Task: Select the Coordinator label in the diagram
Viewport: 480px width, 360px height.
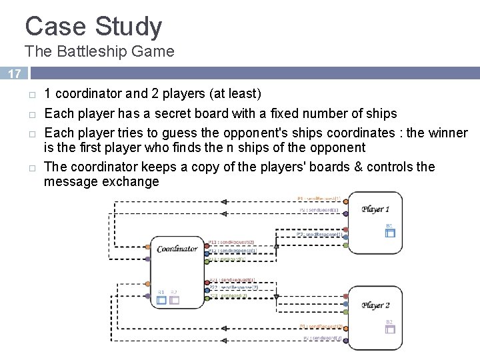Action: coord(177,249)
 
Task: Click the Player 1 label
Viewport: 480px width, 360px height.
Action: coord(376,209)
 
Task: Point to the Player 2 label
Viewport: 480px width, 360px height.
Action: coord(376,305)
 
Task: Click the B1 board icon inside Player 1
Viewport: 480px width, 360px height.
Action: coord(390,233)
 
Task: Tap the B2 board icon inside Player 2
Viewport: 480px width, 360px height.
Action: coord(390,329)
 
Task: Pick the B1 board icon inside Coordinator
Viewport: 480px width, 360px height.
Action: coord(161,300)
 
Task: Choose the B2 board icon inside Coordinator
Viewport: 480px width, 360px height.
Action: coord(174,300)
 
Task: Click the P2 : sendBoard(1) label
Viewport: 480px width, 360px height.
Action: coord(319,210)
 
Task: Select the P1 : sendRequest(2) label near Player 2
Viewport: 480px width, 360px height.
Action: coord(320,327)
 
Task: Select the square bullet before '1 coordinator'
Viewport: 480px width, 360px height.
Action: coord(31,94)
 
